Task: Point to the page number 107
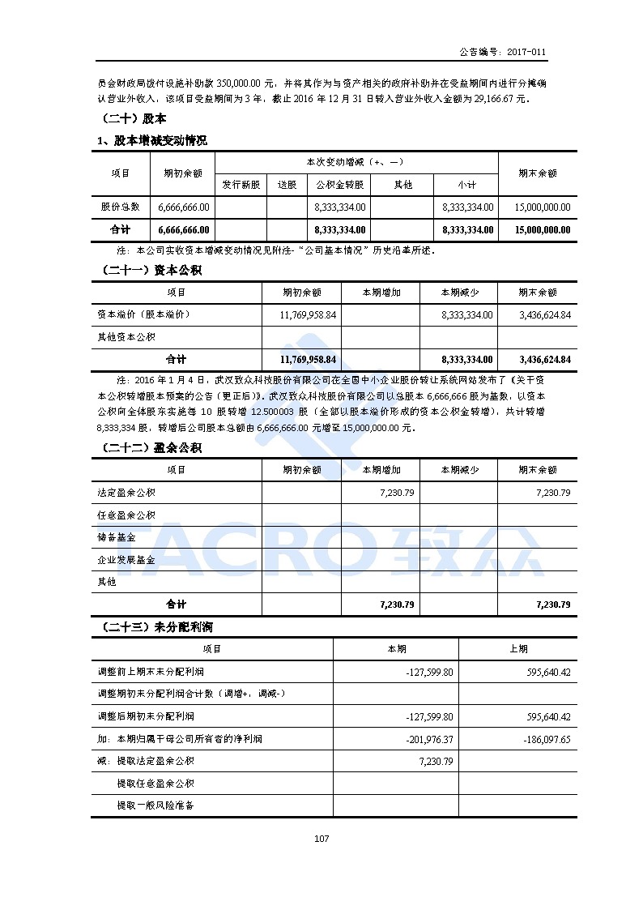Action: (x=321, y=839)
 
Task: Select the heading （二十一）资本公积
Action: (x=150, y=270)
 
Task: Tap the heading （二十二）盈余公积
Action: (x=150, y=448)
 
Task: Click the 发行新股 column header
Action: (x=241, y=185)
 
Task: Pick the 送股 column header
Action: (x=287, y=185)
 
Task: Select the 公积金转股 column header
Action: (x=339, y=185)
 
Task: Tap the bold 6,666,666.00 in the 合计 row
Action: (x=183, y=229)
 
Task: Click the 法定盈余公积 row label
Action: (x=126, y=493)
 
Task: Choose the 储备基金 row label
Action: (x=116, y=537)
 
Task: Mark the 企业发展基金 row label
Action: (x=126, y=559)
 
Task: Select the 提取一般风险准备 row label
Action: (x=155, y=805)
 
